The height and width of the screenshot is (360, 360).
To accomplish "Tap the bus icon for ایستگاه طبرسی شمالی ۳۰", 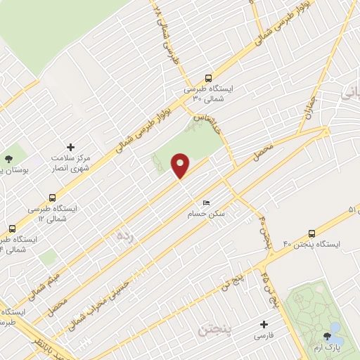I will click(x=208, y=79).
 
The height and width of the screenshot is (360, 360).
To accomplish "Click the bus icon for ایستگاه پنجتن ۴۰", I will click(x=311, y=233).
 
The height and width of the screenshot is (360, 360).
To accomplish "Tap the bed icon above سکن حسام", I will click(x=206, y=201).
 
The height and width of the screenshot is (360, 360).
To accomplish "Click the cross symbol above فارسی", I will click(x=264, y=325).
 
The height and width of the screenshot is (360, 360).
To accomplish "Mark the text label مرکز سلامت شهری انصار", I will click(x=70, y=164).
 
